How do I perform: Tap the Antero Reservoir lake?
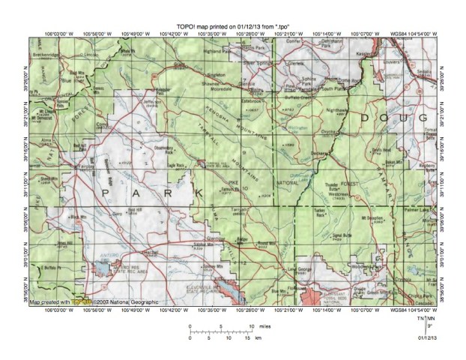[103, 265]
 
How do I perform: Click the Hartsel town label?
[148, 253]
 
